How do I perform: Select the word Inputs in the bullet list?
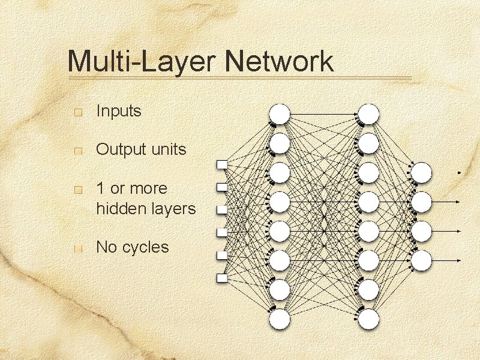(118, 111)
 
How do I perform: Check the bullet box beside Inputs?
(77, 112)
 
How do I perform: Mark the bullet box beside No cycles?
(77, 248)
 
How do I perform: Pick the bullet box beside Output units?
(77, 151)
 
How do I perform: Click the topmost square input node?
(222, 164)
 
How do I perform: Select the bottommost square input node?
(222, 278)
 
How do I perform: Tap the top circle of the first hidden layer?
(280, 114)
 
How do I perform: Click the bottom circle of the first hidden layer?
(280, 319)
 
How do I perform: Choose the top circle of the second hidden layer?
(369, 114)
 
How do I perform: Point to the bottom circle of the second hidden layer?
(369, 319)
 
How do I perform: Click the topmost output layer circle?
(422, 173)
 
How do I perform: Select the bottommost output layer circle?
(422, 260)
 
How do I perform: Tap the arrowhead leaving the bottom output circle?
(459, 260)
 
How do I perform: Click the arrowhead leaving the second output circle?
(459, 202)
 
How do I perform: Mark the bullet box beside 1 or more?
(77, 190)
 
